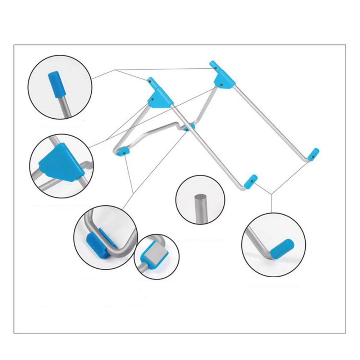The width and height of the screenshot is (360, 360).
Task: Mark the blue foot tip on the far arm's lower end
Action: click(x=314, y=154)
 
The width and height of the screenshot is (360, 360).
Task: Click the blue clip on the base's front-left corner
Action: click(x=123, y=151)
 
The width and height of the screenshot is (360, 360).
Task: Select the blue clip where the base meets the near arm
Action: click(x=188, y=127)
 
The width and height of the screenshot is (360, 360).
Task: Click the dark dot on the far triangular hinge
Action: click(x=222, y=85)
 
